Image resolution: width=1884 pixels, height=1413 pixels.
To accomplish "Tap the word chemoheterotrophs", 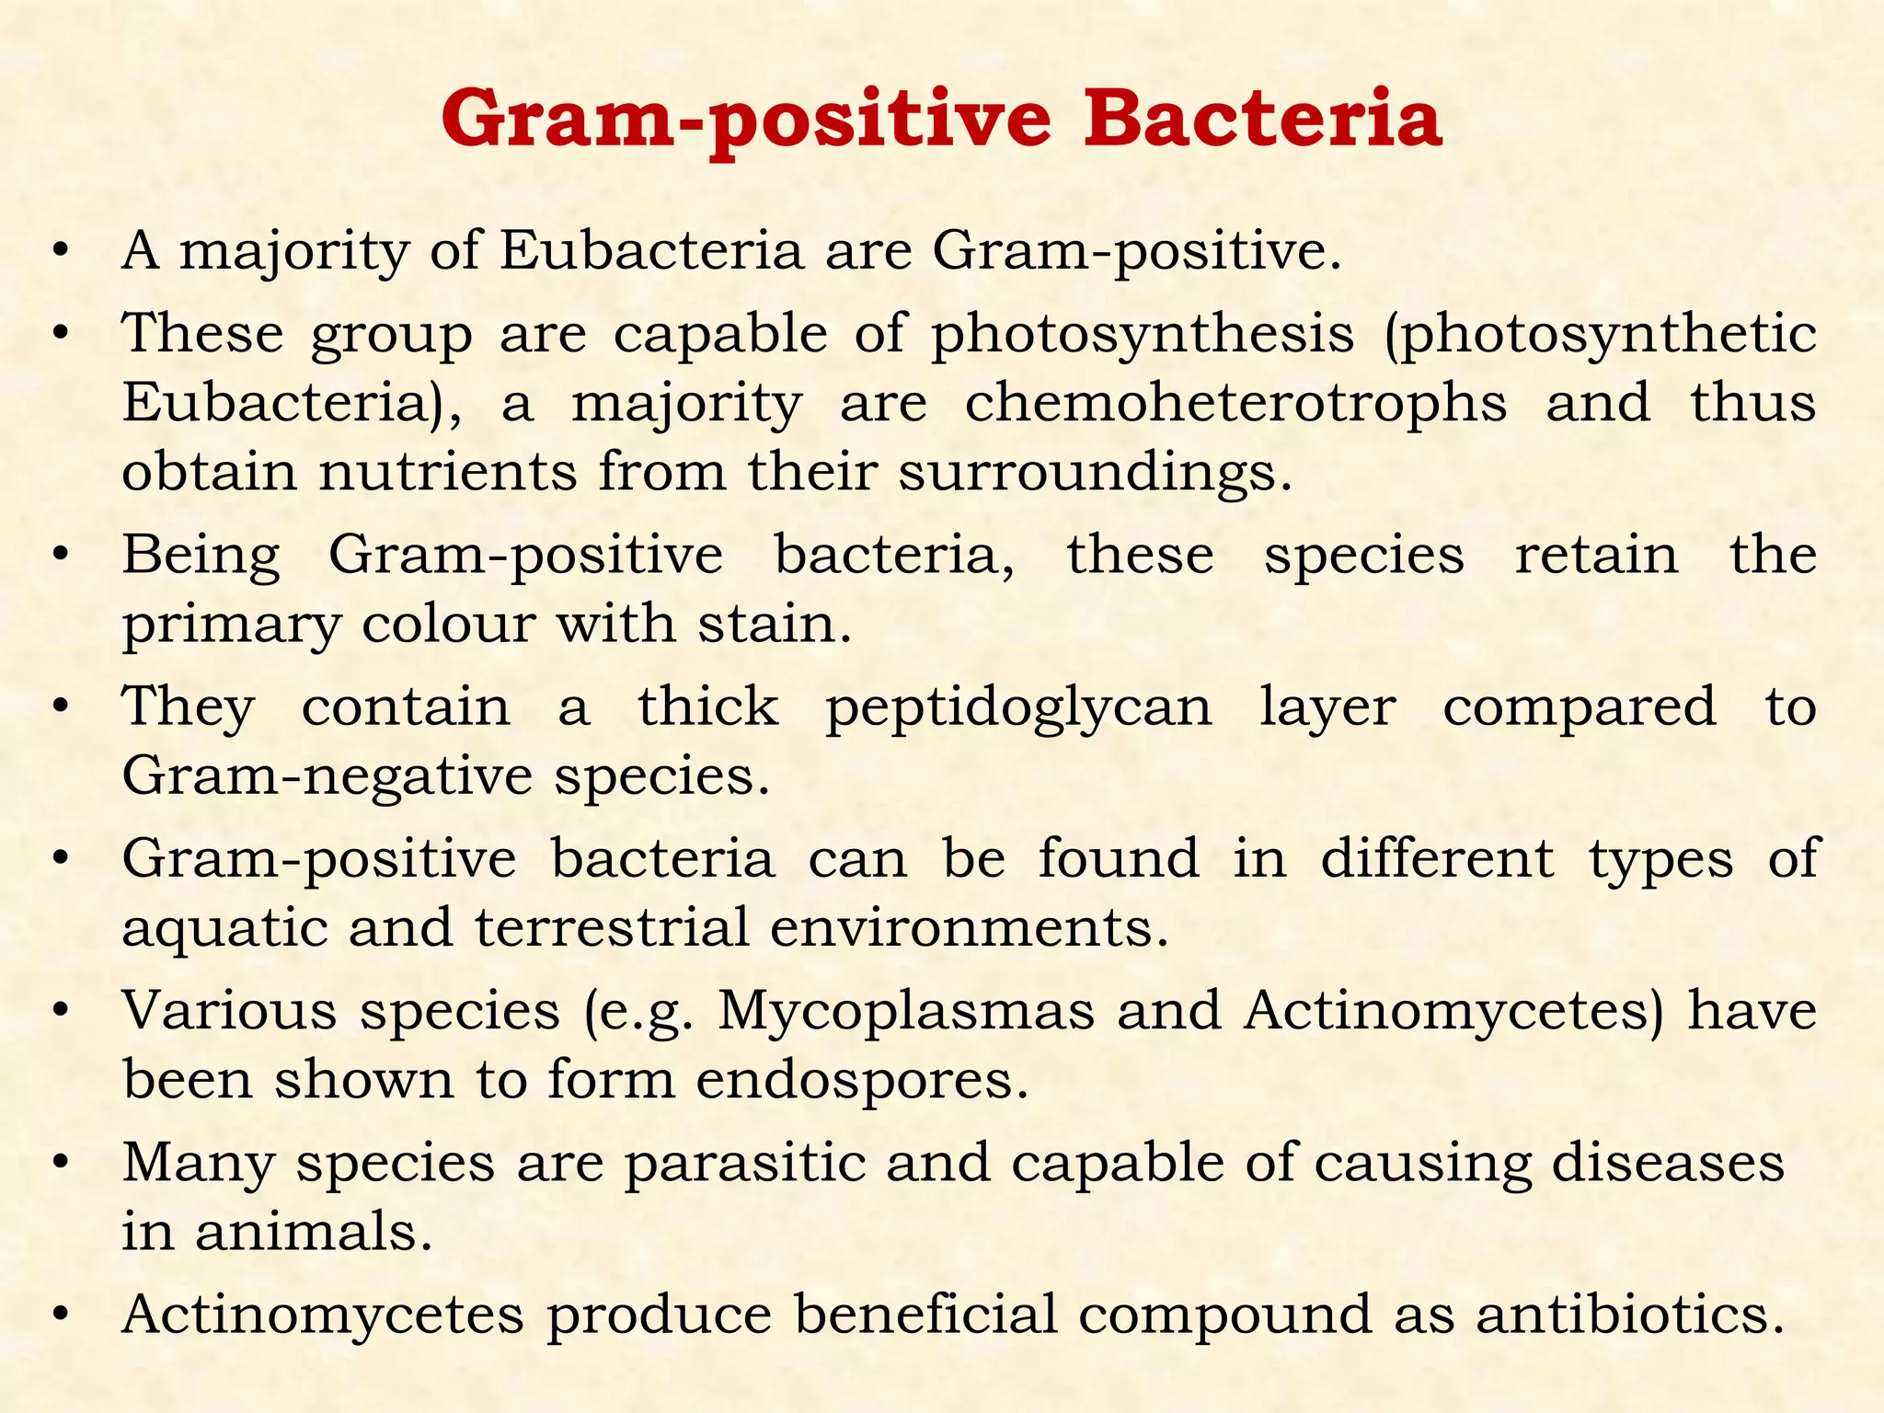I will coord(1235,403).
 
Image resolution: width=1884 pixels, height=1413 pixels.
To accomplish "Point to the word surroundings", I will coord(1095,473).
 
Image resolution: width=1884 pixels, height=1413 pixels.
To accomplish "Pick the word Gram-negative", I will coord(327,777).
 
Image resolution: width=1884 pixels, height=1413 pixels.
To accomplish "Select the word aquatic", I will coord(224,928).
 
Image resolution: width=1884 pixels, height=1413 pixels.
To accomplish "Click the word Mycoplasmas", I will coord(906,1011).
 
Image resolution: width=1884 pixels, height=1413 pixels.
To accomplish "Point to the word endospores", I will coord(861,1080).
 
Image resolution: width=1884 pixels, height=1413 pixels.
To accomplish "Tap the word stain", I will coord(775,625).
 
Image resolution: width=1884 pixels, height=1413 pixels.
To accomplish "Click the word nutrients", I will coord(448,473).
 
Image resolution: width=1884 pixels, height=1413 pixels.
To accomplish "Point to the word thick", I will coord(708,707).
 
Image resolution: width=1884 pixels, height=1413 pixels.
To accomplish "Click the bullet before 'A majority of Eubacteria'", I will coord(61,251).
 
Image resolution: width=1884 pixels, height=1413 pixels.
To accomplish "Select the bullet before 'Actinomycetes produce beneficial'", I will coord(61,1315).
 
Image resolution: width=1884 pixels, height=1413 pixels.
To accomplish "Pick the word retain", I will coord(1596,556).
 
